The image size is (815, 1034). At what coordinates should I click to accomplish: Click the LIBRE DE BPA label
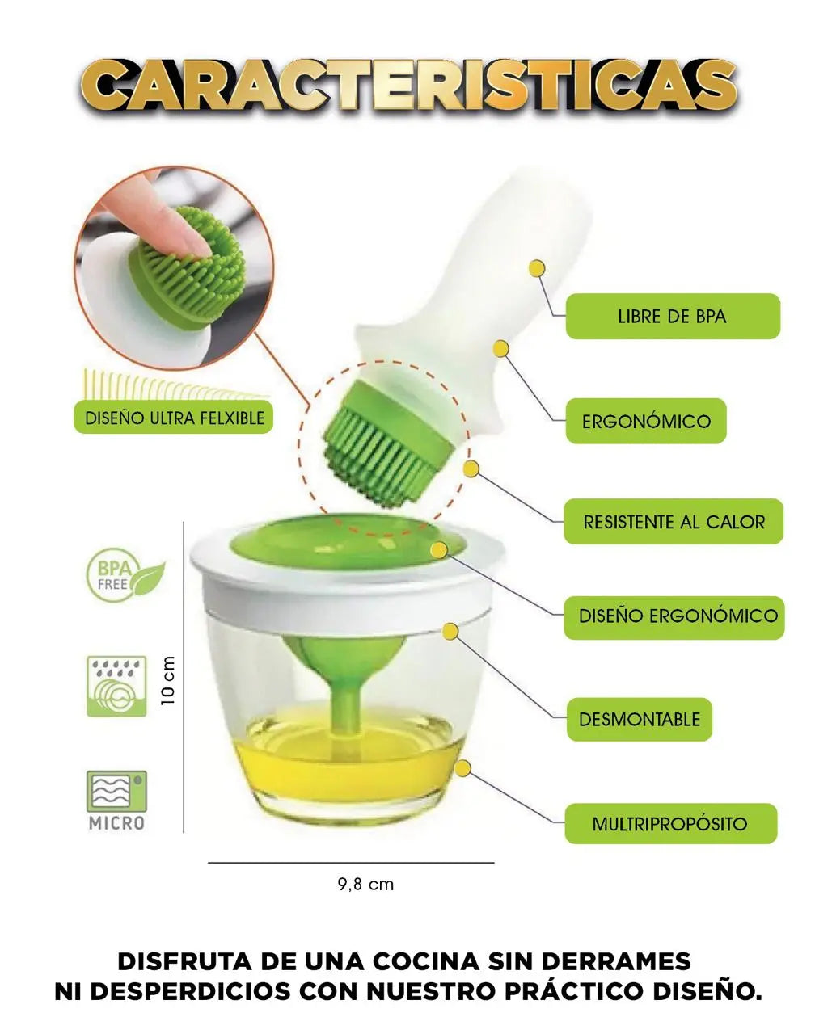pos(672,317)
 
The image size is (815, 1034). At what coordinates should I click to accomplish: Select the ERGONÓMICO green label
pos(646,421)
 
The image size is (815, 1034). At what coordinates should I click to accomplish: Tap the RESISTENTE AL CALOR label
pos(673,521)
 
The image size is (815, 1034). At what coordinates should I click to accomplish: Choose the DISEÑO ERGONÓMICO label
pos(674,616)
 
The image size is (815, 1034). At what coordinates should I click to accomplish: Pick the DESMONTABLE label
pos(639,719)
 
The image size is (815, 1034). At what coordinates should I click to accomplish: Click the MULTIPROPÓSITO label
pos(670,823)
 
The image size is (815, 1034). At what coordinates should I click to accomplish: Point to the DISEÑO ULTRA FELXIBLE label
pos(173,418)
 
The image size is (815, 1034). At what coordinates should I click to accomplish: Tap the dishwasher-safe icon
pos(116,687)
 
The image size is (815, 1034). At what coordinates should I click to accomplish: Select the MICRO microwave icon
pos(116,800)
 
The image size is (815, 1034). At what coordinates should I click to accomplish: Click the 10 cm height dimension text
pos(168,680)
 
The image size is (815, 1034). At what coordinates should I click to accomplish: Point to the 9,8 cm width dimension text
pos(365,884)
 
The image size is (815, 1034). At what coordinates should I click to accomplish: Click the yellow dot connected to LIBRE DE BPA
pos(537,268)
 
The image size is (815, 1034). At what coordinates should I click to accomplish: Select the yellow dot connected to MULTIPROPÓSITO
pos(462,769)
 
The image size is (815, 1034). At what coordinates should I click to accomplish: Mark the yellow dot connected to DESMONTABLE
pos(450,632)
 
